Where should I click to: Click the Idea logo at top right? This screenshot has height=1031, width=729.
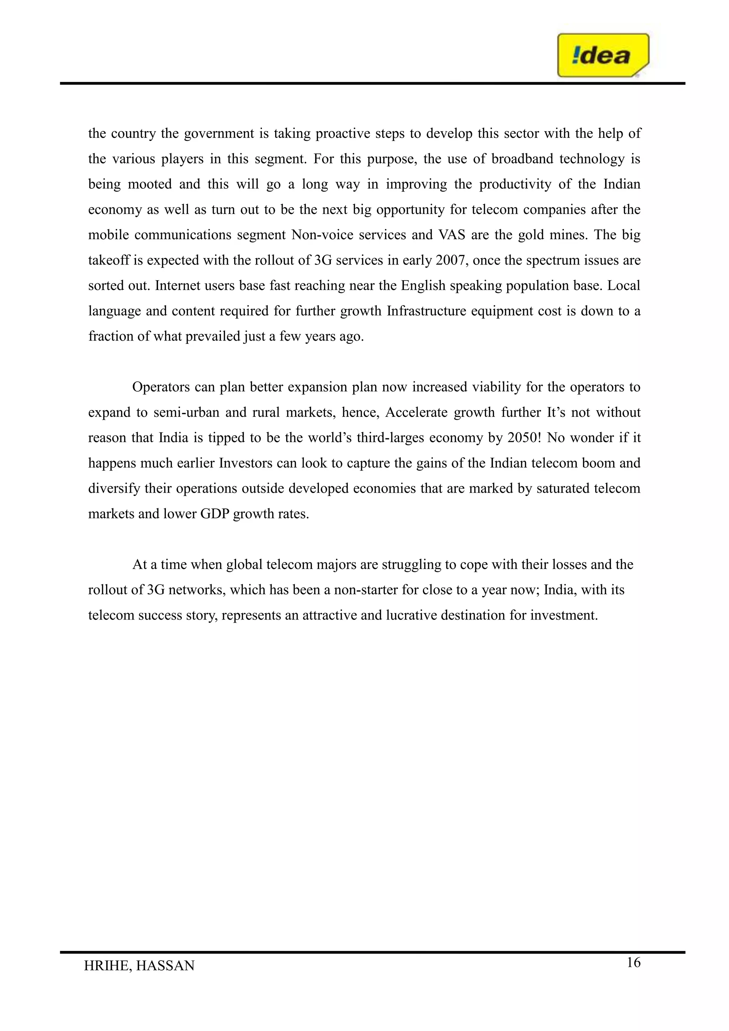pyautogui.click(x=602, y=55)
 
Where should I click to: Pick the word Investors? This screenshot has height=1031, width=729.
pyautogui.click(x=246, y=463)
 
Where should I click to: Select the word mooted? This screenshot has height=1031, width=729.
pyautogui.click(x=150, y=184)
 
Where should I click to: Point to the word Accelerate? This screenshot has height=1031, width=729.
pyautogui.click(x=416, y=413)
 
